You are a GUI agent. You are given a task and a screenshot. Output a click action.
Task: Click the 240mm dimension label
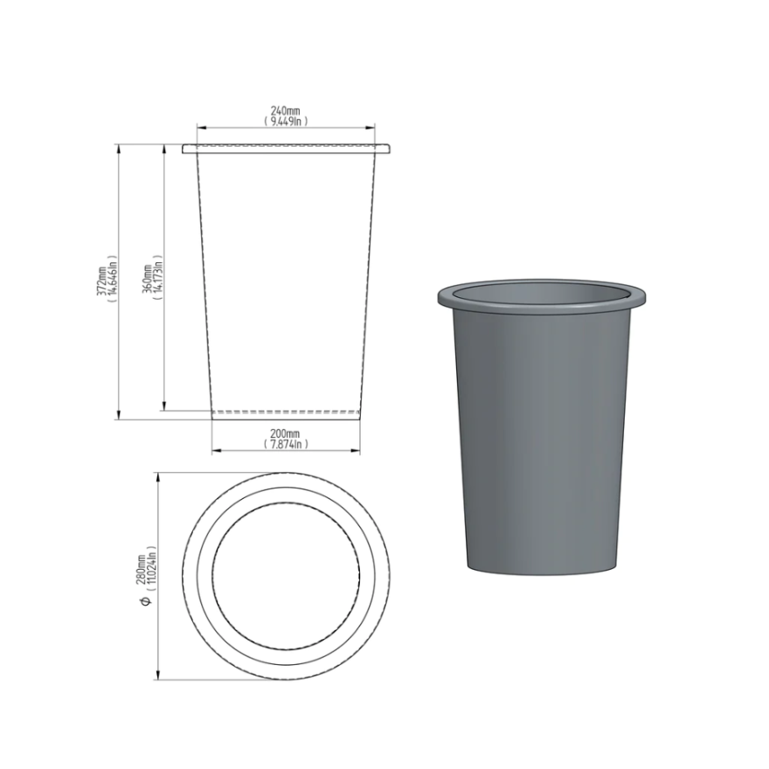(x=285, y=110)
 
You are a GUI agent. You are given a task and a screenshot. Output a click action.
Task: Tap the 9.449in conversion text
(x=286, y=121)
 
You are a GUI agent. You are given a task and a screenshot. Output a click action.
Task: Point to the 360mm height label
(x=147, y=279)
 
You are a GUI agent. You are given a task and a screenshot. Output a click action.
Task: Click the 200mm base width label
(x=285, y=433)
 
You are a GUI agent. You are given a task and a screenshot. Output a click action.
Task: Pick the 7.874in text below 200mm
(x=286, y=444)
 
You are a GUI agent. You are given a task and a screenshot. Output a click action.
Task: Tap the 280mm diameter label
(x=141, y=570)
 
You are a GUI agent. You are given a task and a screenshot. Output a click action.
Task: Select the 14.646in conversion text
(x=113, y=279)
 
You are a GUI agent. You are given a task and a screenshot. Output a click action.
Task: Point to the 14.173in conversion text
(x=158, y=278)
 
